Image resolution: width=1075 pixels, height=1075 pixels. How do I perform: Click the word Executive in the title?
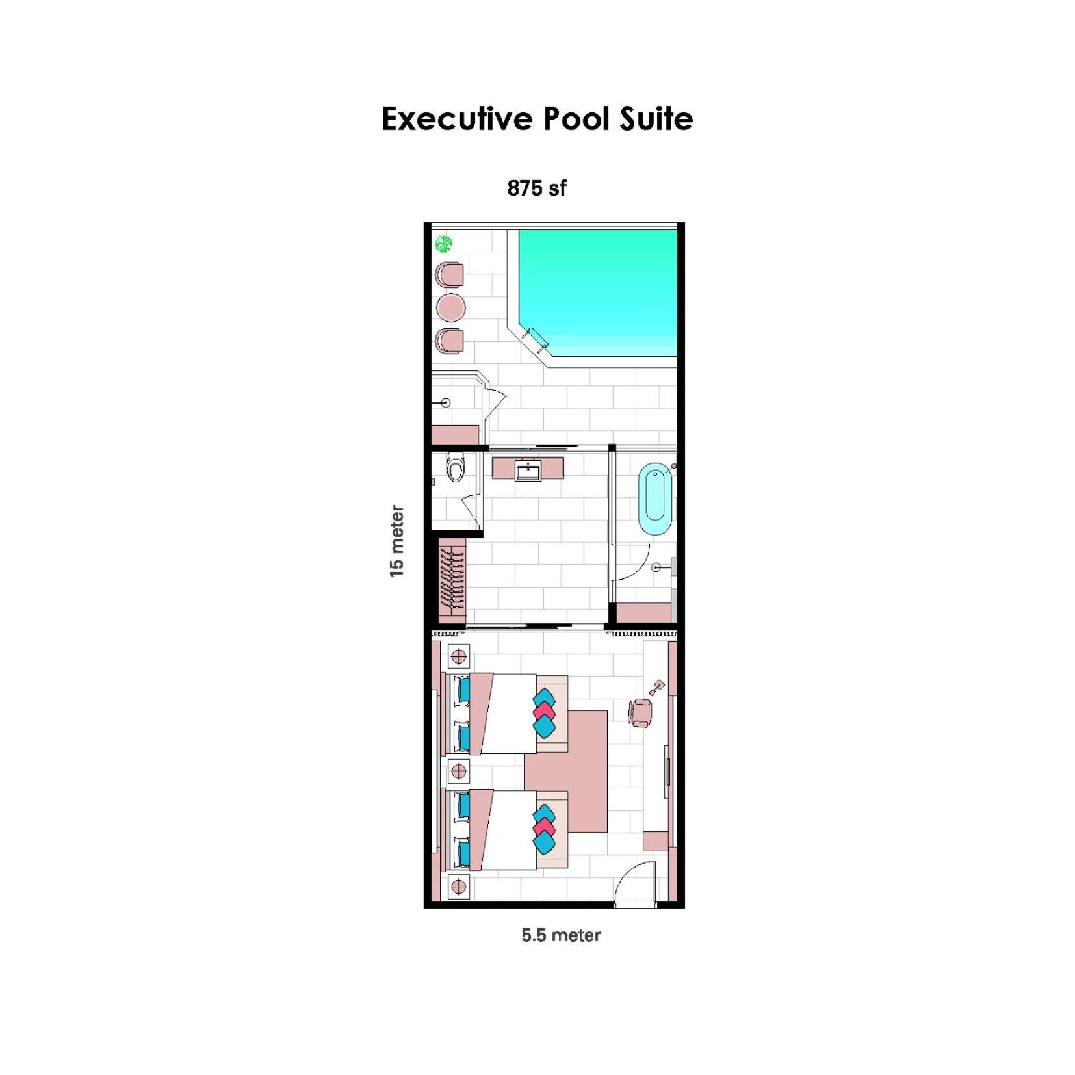(458, 119)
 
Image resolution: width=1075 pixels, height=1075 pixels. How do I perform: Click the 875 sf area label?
(536, 188)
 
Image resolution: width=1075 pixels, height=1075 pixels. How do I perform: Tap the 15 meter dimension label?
(396, 541)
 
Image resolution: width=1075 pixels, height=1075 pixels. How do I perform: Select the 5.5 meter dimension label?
(561, 935)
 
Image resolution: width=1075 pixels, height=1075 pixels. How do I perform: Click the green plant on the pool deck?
(444, 244)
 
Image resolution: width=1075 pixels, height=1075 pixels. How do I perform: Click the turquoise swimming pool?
(597, 292)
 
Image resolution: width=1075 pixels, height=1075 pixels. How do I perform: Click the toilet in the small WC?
(456, 467)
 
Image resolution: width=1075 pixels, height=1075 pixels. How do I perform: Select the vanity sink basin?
(528, 470)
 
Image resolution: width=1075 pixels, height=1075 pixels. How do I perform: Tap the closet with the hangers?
(452, 578)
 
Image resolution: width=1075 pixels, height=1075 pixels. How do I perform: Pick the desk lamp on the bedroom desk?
(658, 686)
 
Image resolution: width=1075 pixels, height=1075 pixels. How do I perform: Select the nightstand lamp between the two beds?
(458, 771)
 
